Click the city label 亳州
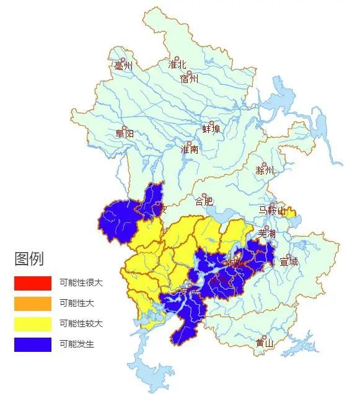124,66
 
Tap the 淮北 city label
177,65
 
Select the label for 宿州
189,79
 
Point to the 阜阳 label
124,134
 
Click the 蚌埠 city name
211,129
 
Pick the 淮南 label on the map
189,149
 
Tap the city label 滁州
265,170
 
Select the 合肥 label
204,201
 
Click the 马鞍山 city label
273,211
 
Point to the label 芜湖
266,234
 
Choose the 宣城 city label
289,261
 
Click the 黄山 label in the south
265,343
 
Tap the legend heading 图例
29,259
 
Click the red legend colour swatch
33,283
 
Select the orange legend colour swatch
33,304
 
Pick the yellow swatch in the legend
33,324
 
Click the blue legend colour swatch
33,344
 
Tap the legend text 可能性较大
81,324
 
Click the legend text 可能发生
77,344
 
